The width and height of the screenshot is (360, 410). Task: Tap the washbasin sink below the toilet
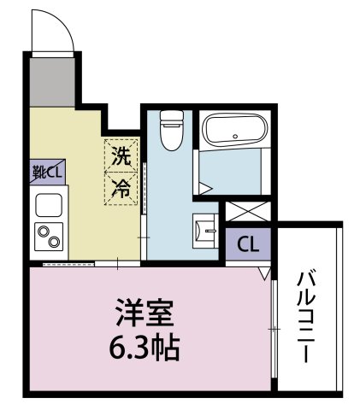pos(205,228)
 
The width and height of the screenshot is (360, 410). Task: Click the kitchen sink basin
pos(47,205)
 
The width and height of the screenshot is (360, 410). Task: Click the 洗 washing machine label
pos(121,156)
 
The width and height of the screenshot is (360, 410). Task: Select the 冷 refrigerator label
pos(121,187)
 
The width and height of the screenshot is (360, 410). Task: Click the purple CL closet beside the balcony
pos(247,244)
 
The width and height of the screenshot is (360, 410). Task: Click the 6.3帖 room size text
pos(145,348)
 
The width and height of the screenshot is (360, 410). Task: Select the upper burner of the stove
pos(43,229)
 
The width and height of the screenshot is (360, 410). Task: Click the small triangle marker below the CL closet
pos(263,273)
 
